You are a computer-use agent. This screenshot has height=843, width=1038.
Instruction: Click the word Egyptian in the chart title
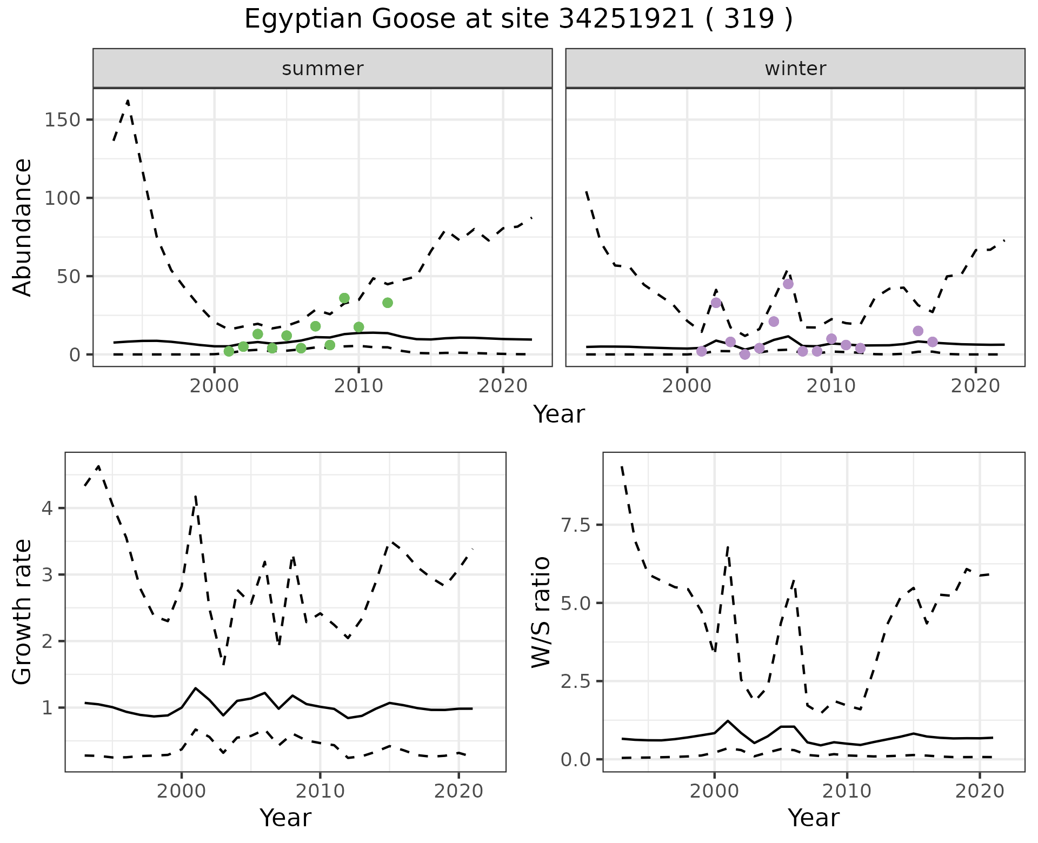[x=303, y=19]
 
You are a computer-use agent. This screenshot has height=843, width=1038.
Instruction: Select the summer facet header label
[x=323, y=69]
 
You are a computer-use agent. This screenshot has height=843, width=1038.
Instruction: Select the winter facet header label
[x=795, y=69]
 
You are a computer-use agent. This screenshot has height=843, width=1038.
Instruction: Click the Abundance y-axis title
[x=22, y=228]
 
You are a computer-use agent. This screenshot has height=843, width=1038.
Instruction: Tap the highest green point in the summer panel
[x=344, y=298]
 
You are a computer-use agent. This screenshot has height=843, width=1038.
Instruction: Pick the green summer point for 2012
[x=388, y=303]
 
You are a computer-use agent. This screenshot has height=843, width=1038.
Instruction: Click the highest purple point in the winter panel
[x=788, y=284]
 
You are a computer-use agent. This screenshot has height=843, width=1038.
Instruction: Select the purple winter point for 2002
[x=716, y=303]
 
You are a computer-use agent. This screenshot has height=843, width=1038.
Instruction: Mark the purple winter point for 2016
[x=918, y=331]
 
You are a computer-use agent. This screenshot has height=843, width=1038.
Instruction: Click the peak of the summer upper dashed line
[x=128, y=101]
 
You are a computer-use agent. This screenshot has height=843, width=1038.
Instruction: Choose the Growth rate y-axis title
[x=22, y=612]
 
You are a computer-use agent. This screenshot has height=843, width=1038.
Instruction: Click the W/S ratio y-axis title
[x=541, y=612]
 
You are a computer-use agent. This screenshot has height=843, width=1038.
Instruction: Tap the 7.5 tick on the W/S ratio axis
[x=575, y=525]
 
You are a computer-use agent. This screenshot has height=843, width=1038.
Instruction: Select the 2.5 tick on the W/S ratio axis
[x=575, y=681]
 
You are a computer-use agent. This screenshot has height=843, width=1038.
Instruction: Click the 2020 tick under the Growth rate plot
[x=458, y=792]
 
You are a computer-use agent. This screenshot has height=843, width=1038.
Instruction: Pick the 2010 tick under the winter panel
[x=831, y=386]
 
